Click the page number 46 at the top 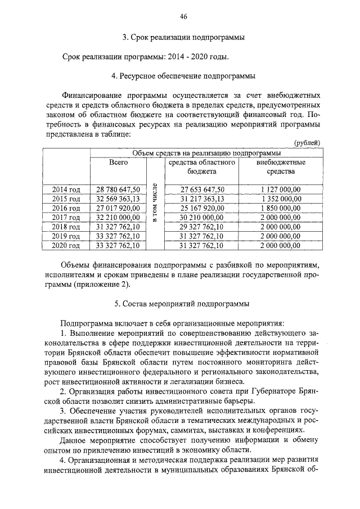(183, 17)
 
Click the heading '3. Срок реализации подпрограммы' (183, 38)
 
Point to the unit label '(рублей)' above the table (308, 143)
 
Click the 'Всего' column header (119, 163)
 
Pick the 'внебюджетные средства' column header (280, 167)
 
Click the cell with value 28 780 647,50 (118, 190)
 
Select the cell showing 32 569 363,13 (118, 199)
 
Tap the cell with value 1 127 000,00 (281, 190)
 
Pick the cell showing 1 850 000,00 (281, 208)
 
